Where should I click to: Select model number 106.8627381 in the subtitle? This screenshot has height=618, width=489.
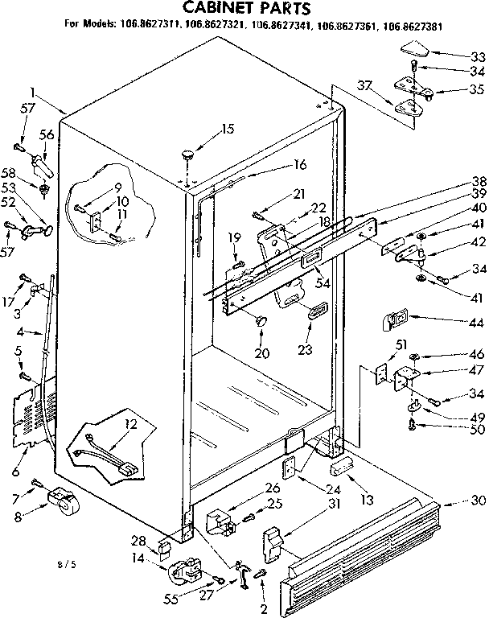[411, 26]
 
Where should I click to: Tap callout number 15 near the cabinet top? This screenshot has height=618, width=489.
[228, 129]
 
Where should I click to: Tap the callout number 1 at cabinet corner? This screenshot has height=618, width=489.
[33, 92]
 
